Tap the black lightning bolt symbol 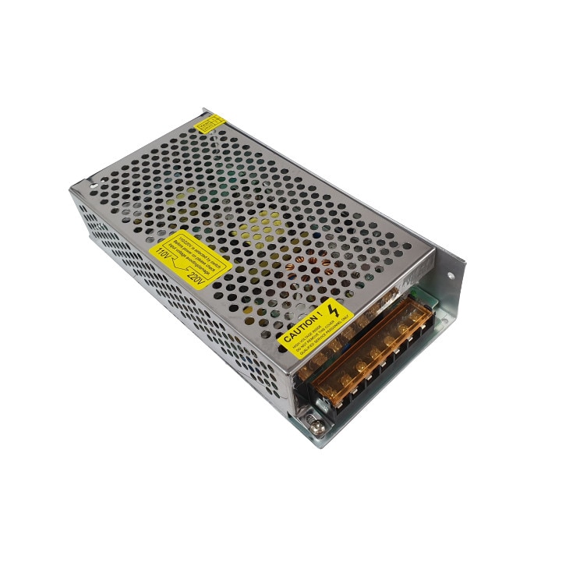click(334, 310)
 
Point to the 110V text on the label click(164, 253)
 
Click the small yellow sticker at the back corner click(210, 123)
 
